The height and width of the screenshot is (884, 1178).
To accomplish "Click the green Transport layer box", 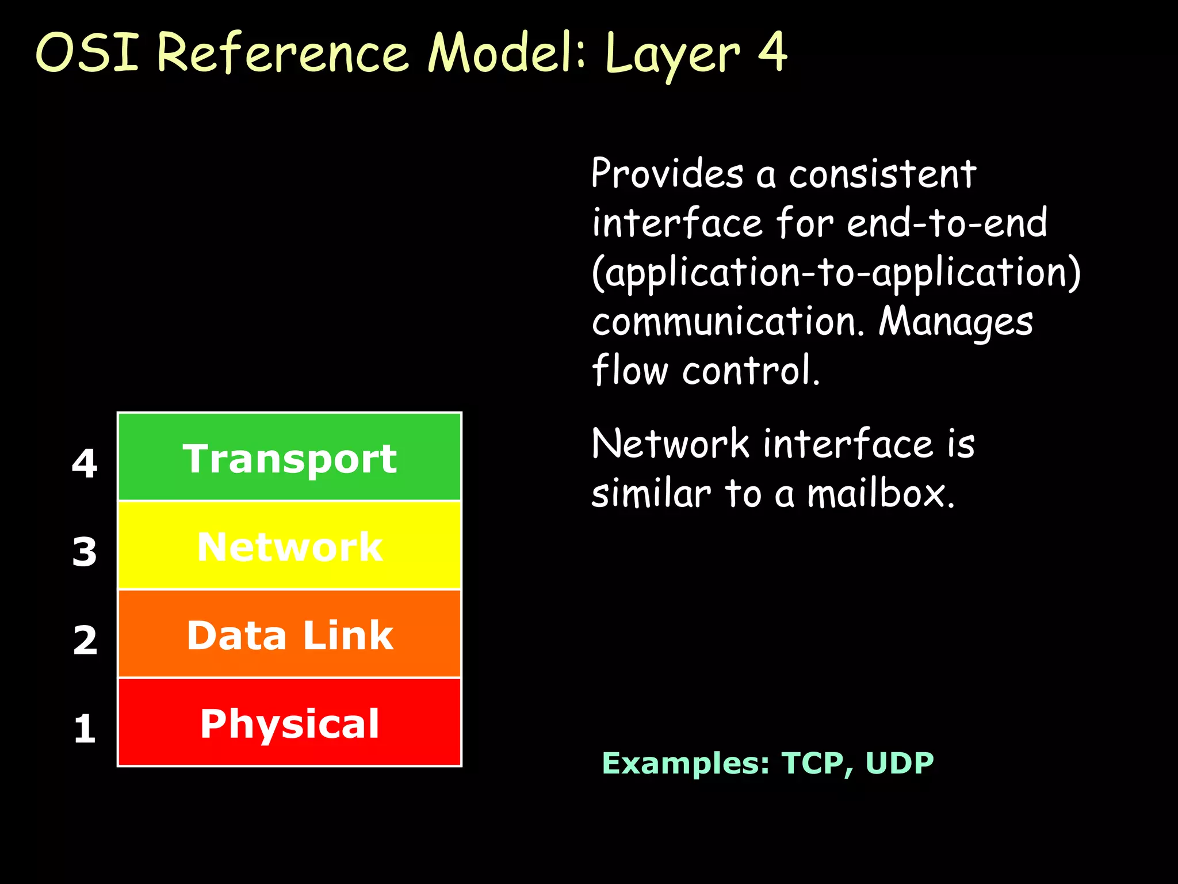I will [x=289, y=457].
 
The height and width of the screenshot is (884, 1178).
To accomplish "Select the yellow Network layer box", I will [x=289, y=546].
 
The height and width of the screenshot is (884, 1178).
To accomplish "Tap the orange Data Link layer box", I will [x=289, y=634].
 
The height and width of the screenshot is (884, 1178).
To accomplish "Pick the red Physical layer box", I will [x=289, y=723].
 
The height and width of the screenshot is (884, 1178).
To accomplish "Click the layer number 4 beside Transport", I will [x=85, y=463].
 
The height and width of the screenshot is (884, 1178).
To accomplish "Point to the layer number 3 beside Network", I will [x=85, y=551].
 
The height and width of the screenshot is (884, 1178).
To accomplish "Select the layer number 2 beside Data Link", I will [x=85, y=639].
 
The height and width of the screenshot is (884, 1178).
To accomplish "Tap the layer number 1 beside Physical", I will [x=85, y=728].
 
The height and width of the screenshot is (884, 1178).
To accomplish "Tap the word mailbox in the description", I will [x=881, y=494].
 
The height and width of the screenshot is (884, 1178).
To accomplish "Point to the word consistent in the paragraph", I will [x=882, y=174].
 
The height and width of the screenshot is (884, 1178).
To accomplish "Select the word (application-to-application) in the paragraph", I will [x=836, y=272].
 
